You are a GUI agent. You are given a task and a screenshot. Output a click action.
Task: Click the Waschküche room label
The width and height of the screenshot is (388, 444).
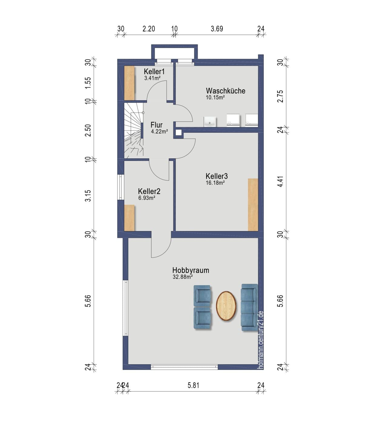click(226, 91)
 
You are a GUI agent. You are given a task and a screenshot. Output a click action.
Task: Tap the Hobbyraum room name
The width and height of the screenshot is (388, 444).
click(191, 270)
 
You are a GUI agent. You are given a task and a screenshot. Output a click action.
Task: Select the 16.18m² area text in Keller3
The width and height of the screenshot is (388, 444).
click(215, 183)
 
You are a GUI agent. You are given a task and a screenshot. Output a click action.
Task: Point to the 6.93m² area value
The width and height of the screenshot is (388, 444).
click(146, 198)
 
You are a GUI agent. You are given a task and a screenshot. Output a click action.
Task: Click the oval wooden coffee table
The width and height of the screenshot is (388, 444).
click(226, 306)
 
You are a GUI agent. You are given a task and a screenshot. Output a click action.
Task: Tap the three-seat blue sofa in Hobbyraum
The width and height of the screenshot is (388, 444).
click(249, 307)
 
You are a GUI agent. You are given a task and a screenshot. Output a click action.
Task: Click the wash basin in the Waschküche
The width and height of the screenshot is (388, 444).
click(210, 121)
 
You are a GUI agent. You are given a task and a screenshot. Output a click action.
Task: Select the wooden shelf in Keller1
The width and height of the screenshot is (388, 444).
click(129, 83)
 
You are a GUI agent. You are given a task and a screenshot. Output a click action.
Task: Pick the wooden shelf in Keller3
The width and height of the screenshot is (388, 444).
click(253, 205)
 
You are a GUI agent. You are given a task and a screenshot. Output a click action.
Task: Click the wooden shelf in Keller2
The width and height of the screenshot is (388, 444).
click(129, 218)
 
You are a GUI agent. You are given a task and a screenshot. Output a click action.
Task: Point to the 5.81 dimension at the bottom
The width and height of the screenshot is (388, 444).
click(193, 385)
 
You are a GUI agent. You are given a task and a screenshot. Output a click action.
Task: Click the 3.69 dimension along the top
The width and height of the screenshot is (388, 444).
click(217, 29)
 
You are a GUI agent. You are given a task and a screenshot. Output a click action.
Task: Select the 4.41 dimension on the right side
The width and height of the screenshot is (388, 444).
click(280, 181)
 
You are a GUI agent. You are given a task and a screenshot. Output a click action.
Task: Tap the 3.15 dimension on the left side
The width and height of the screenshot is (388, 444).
click(88, 196)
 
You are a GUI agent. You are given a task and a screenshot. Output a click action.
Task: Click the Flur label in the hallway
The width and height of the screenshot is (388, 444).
click(156, 125)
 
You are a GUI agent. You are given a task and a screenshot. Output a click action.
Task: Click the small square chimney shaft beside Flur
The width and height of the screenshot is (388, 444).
click(178, 133)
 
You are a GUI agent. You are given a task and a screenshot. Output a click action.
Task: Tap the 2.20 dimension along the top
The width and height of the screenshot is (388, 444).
click(149, 29)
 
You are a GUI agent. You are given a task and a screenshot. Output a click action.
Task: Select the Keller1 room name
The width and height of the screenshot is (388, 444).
click(154, 71)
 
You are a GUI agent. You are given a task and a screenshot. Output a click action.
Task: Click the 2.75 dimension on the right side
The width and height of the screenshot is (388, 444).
click(280, 96)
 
